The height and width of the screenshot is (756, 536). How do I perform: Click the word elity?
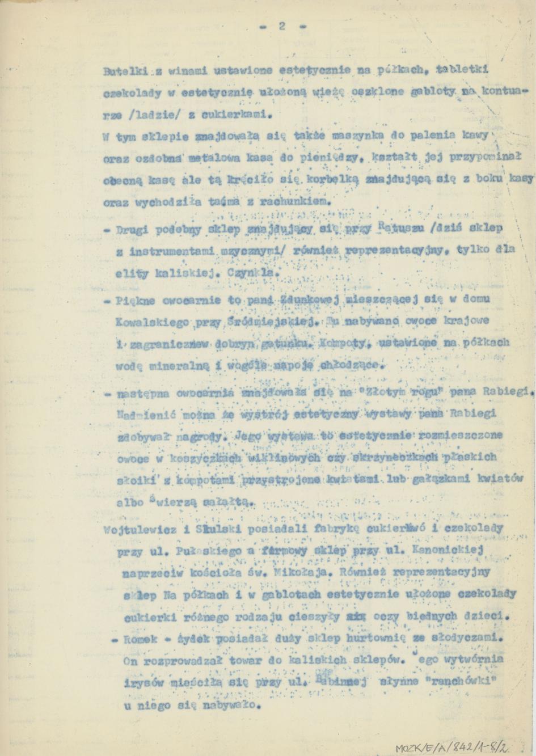click(127, 273)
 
